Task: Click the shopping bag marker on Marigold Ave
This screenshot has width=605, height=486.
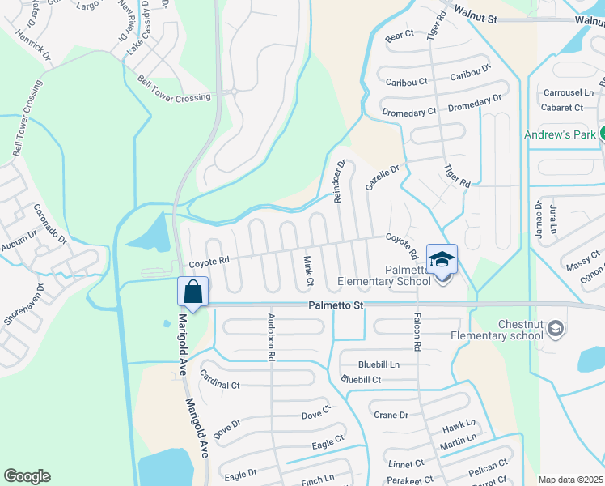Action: [x=193, y=291]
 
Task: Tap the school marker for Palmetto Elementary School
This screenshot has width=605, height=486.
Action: [x=442, y=259]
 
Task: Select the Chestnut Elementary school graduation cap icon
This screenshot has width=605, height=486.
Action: [x=555, y=328]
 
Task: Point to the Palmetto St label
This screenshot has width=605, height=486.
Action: [x=336, y=305]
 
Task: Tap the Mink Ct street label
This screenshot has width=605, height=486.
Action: [x=307, y=270]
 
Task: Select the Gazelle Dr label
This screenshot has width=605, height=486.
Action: [x=382, y=177]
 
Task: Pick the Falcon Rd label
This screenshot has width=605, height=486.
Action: [x=417, y=331]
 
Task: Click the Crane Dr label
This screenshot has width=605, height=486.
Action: [x=391, y=415]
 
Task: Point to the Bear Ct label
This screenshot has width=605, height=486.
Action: [x=400, y=36]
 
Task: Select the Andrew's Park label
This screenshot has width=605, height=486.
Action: [x=560, y=134]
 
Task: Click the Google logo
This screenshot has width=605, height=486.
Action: [x=27, y=476]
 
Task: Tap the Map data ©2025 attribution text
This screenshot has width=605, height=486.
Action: [x=571, y=480]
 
